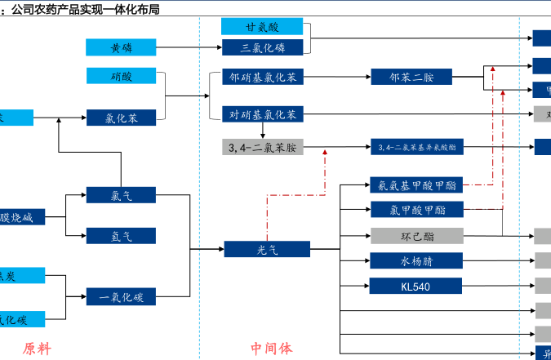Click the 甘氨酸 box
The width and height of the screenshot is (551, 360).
(x=262, y=26)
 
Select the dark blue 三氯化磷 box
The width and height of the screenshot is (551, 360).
(x=262, y=47)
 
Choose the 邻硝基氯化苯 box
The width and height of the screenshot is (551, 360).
(x=262, y=78)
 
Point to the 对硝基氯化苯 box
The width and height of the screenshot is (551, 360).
(x=262, y=113)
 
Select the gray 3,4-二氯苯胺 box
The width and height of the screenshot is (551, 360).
(x=262, y=147)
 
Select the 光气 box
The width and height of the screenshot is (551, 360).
(x=267, y=249)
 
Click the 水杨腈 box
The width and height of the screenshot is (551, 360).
(x=417, y=261)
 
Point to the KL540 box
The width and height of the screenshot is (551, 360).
(x=417, y=287)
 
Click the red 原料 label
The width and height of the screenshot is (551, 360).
(x=37, y=349)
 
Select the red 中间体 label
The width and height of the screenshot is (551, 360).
(x=271, y=349)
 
